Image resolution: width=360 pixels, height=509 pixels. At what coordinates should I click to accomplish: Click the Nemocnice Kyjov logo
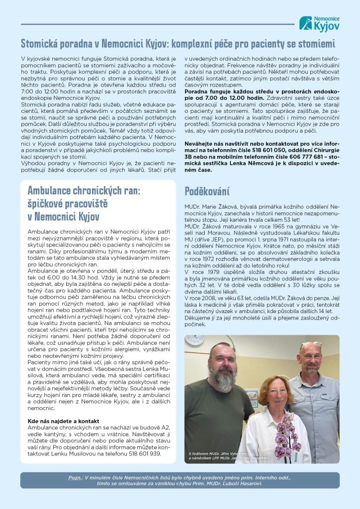coord(320,23)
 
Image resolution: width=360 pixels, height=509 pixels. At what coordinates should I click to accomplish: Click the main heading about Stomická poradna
coord(178,43)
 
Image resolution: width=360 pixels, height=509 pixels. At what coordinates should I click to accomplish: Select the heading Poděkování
coord(207,191)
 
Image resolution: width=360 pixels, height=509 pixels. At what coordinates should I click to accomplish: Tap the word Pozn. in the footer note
coord(75,477)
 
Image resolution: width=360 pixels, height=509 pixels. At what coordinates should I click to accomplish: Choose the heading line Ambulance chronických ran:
coord(85,191)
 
